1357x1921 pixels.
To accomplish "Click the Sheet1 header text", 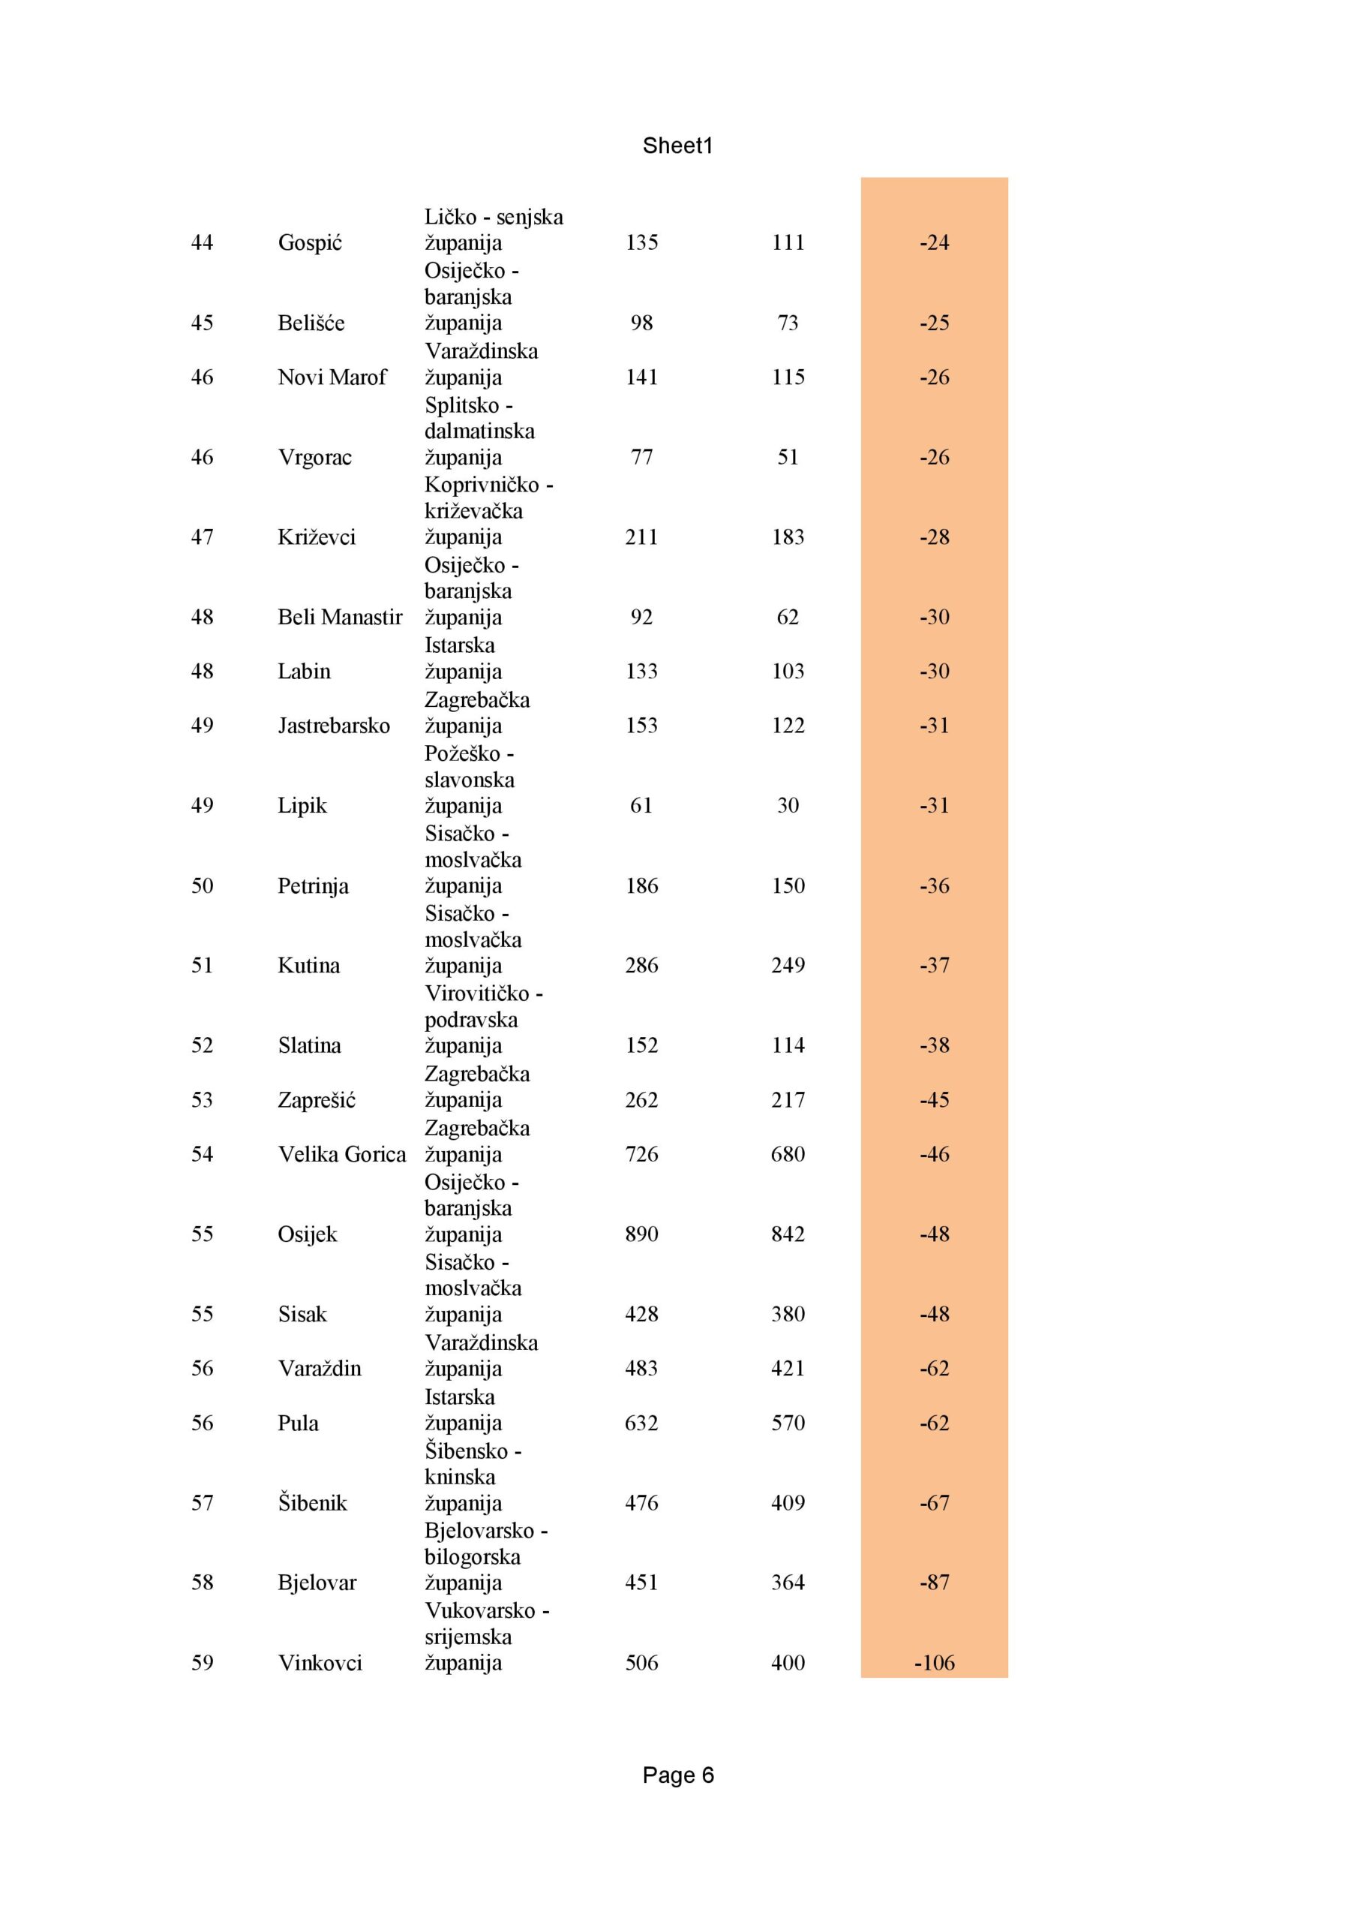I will pos(677,146).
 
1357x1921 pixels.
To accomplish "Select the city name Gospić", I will pos(310,242).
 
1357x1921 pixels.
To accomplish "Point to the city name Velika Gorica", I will pos(341,1155).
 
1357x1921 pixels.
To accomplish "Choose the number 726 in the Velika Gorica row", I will pos(641,1155).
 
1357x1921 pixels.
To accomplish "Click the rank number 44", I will pos(202,242).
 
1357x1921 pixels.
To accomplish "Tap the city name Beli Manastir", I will pos(340,618).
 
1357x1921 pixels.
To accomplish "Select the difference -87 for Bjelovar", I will pos(934,1582).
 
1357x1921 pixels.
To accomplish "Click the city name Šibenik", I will pos(312,1503).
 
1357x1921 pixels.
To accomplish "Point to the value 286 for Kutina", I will pos(641,966).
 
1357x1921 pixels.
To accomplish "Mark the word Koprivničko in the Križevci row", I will pos(481,485).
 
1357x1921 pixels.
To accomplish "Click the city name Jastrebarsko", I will pos(333,726).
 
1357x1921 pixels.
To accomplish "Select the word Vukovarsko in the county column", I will pos(479,1610).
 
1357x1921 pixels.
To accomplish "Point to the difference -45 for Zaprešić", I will pos(934,1100).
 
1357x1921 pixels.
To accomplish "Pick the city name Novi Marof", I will pos(332,377).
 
